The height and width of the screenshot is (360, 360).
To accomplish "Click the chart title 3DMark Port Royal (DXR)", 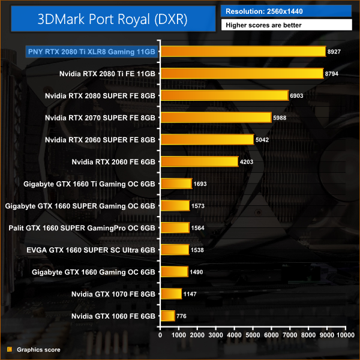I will pyautogui.click(x=112, y=19).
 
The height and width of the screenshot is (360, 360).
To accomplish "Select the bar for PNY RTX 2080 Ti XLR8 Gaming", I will pyautogui.click(x=242, y=52).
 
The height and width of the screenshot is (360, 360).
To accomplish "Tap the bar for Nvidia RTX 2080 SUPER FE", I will pyautogui.click(x=224, y=95).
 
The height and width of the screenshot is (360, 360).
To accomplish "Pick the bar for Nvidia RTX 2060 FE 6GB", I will pyautogui.click(x=199, y=161).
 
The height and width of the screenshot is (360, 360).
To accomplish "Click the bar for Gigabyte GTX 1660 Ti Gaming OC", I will pyautogui.click(x=176, y=184).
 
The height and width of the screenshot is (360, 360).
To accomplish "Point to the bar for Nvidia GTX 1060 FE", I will pyautogui.click(x=167, y=316).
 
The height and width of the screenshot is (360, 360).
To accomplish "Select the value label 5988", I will pyautogui.click(x=282, y=118).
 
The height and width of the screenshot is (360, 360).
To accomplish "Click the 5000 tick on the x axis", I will pyautogui.click(x=253, y=335).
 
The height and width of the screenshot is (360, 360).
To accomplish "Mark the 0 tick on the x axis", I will pyautogui.click(x=160, y=335).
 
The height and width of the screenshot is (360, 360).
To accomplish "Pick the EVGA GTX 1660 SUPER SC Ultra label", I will pyautogui.click(x=83, y=250).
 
